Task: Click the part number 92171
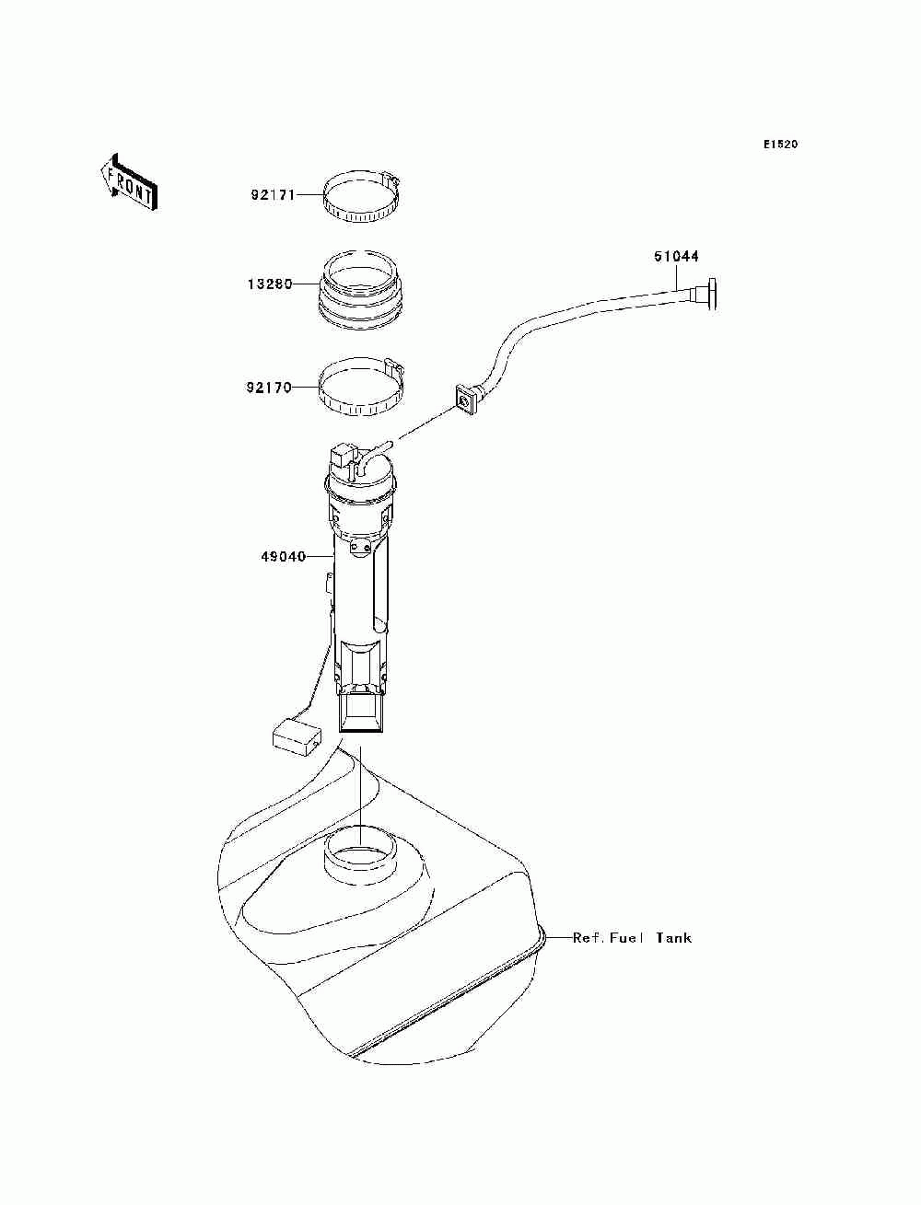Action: [271, 195]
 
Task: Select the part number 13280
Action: [268, 284]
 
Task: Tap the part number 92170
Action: [268, 388]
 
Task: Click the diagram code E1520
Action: [780, 145]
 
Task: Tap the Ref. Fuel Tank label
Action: [632, 938]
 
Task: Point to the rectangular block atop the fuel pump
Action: [342, 456]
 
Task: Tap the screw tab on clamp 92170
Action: [394, 365]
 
